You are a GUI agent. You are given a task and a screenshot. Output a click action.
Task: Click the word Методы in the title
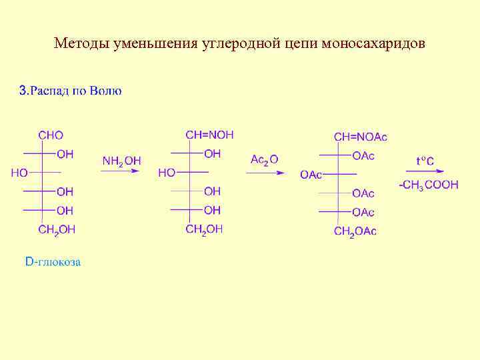[x=79, y=45]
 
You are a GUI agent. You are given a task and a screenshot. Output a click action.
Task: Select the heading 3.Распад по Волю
[x=70, y=91]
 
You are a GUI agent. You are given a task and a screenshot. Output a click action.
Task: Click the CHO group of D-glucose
[x=51, y=135]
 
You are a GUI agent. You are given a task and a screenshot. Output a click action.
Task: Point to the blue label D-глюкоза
[x=53, y=262]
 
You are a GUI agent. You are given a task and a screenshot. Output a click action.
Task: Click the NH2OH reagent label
[x=121, y=161]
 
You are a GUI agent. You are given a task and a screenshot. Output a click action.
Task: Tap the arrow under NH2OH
[x=121, y=172]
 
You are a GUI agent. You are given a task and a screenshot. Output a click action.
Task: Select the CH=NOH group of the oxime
[x=209, y=135]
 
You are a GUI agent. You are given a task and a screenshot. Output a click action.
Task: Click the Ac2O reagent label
[x=264, y=159]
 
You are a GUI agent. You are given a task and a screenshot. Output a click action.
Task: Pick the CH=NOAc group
[x=360, y=137]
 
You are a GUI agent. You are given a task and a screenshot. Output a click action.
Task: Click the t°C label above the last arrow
[x=425, y=161]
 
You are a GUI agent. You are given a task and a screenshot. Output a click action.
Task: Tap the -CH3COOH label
[x=429, y=185]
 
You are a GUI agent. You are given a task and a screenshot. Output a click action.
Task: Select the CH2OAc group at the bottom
[x=355, y=231]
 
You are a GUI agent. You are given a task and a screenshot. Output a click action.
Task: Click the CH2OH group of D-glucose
[x=57, y=229]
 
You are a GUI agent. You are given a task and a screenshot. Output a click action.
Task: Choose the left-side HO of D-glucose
[x=19, y=173]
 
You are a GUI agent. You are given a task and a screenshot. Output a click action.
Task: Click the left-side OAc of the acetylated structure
[x=311, y=175]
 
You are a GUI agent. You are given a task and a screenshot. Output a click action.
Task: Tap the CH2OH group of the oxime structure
[x=204, y=229]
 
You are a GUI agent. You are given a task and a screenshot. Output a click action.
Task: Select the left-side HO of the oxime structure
[x=167, y=173]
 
